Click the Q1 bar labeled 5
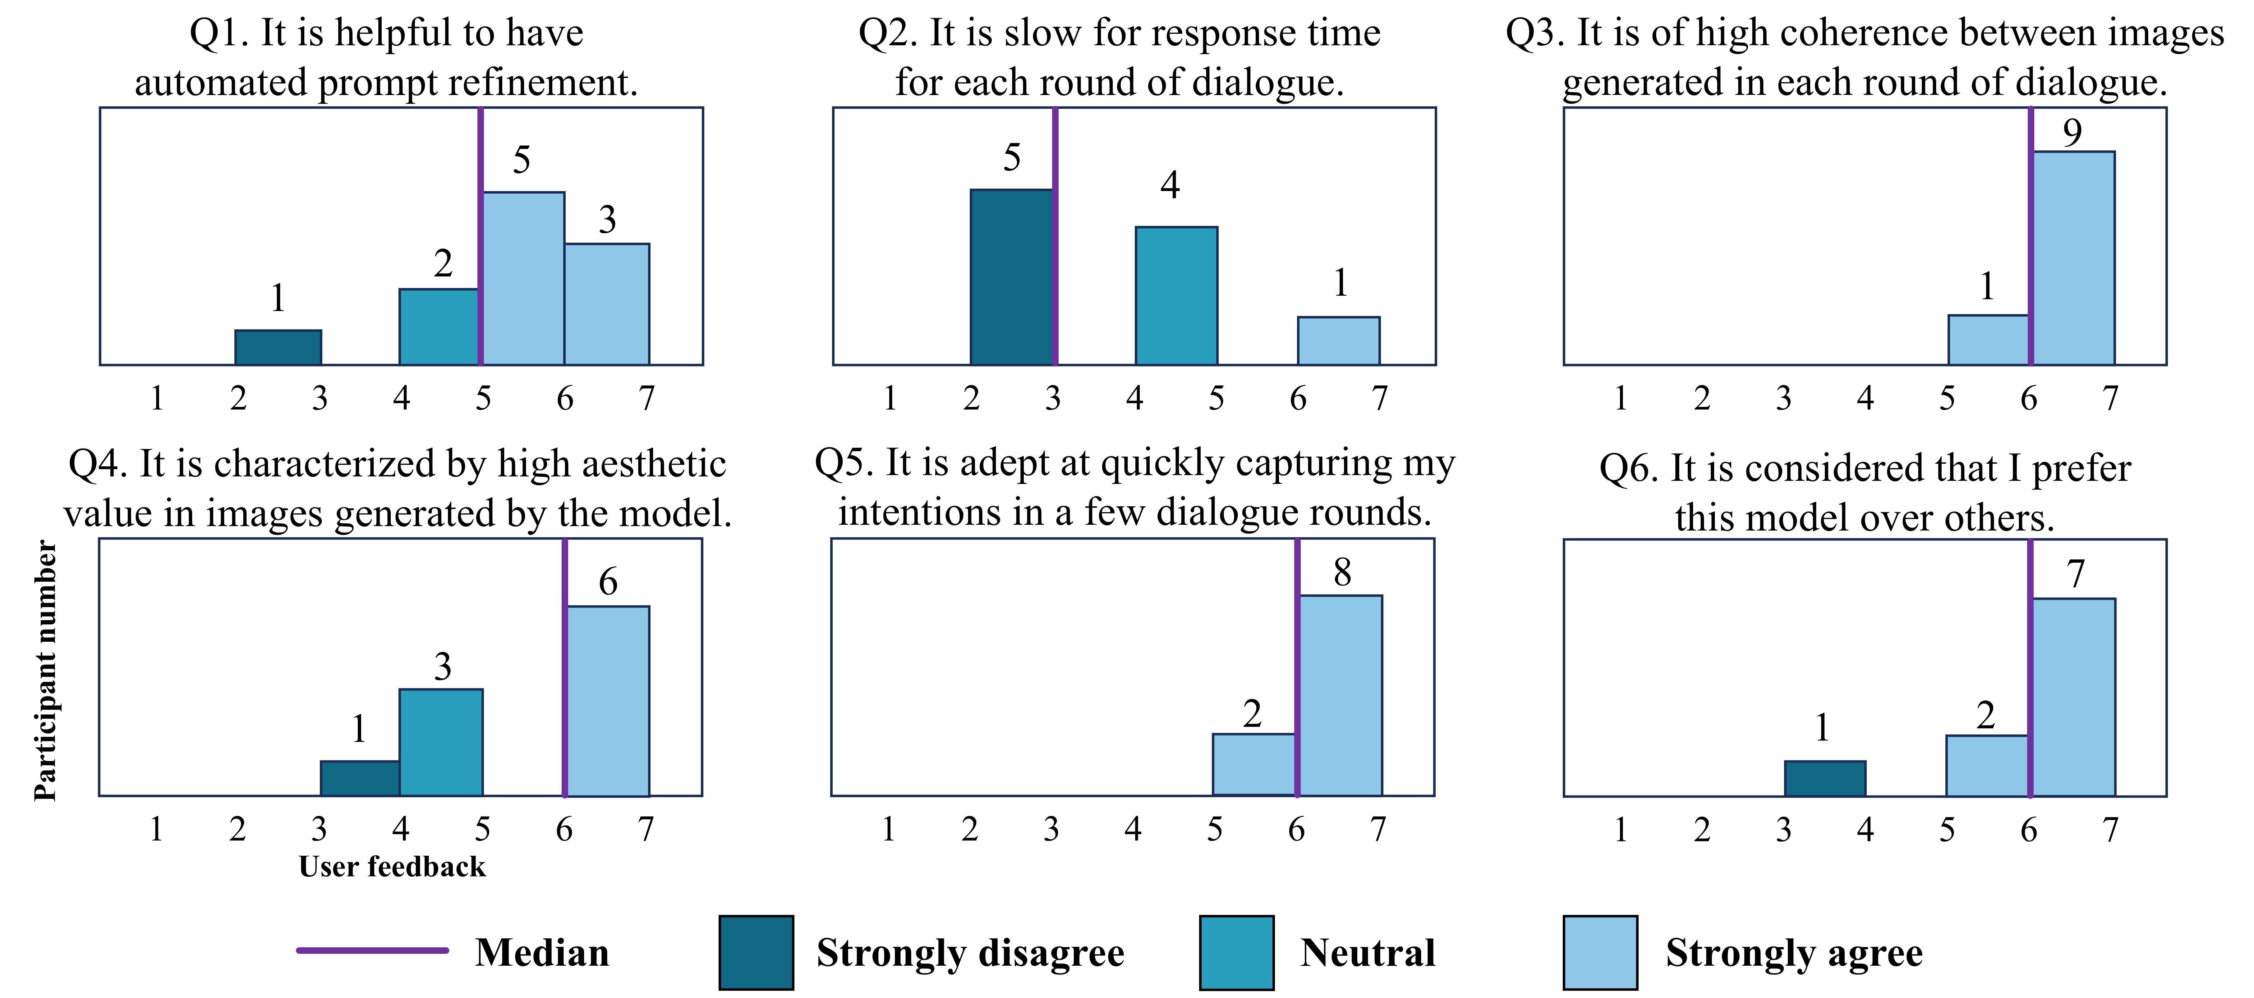[x=523, y=278]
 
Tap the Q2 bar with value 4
[x=1176, y=296]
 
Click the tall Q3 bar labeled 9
[x=2073, y=258]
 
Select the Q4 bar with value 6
[x=608, y=701]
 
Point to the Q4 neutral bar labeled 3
[x=441, y=743]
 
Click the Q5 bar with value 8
[x=1341, y=695]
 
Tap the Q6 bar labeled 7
[x=2073, y=697]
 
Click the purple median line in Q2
[x=1055, y=236]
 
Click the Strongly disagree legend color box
[x=756, y=953]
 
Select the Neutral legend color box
[x=1236, y=953]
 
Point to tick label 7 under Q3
[x=2110, y=399]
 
